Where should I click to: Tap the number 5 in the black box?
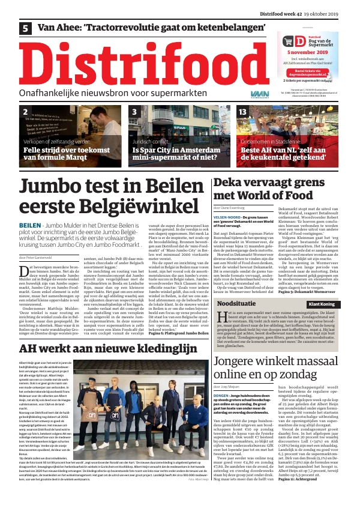pyautogui.click(x=26, y=28)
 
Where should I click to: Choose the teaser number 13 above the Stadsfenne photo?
pyautogui.click(x=242, y=112)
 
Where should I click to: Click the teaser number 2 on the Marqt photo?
pyautogui.click(x=25, y=112)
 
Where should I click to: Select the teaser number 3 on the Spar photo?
pyautogui.click(x=134, y=112)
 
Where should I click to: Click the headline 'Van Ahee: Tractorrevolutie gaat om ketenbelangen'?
pyautogui.click(x=151, y=28)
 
